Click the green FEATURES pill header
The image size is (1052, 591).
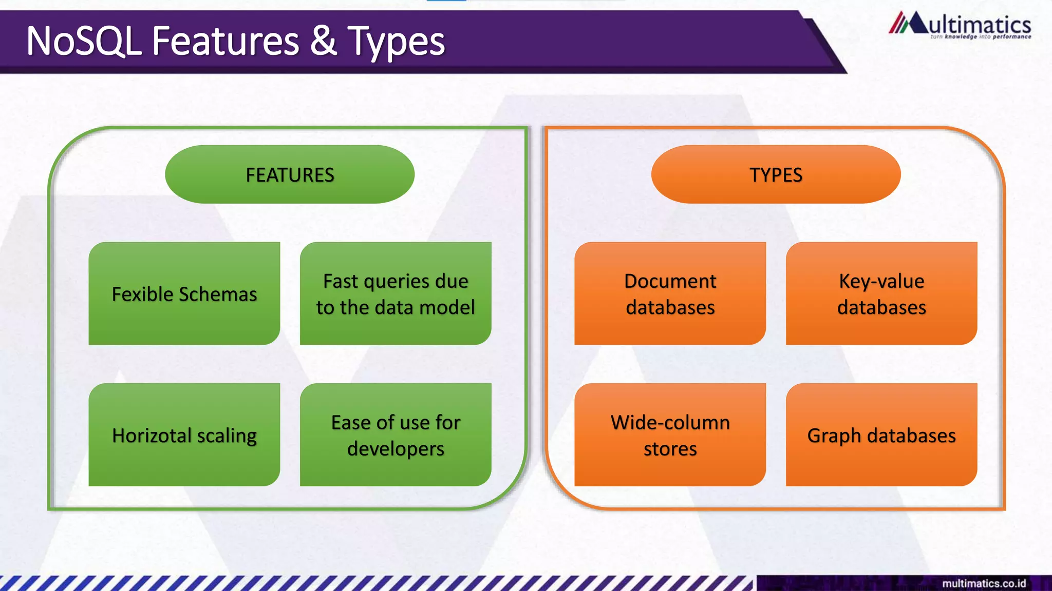coord(290,174)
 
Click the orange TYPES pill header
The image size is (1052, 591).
coord(776,174)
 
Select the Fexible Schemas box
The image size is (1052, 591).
coord(184,293)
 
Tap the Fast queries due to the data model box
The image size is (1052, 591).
coord(396,293)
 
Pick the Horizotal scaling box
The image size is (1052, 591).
coord(184,435)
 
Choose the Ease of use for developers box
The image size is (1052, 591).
coord(396,435)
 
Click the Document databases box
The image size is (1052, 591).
coord(670,293)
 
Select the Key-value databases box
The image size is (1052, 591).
coord(881,293)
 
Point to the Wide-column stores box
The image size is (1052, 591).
coord(670,435)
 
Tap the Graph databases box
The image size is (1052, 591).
coord(881,435)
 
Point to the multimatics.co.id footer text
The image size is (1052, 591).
coord(984,583)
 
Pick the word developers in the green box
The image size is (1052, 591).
coord(396,449)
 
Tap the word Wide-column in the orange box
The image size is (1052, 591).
coord(670,422)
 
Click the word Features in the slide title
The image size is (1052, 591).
coord(226,41)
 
